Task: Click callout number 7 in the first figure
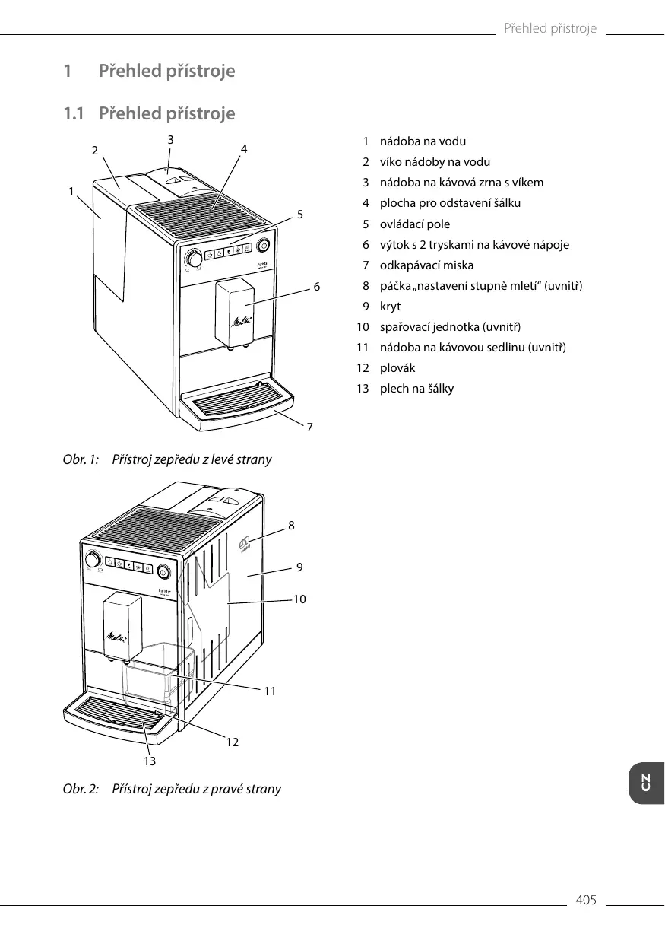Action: pyautogui.click(x=309, y=428)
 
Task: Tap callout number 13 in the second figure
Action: pyautogui.click(x=150, y=760)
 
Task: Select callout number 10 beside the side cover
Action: pyautogui.click(x=299, y=599)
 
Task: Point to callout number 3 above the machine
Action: pyautogui.click(x=170, y=139)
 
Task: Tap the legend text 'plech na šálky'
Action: pyautogui.click(x=416, y=389)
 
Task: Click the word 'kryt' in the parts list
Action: pyautogui.click(x=390, y=307)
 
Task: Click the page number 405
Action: pyautogui.click(x=586, y=901)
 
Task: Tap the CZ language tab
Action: pyautogui.click(x=646, y=782)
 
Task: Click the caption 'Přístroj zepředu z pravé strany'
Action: pyautogui.click(x=196, y=789)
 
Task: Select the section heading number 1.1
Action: pyautogui.click(x=74, y=114)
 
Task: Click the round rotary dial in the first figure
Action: pyautogui.click(x=195, y=259)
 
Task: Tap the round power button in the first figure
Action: pyautogui.click(x=264, y=245)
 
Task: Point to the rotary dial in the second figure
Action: pyautogui.click(x=93, y=561)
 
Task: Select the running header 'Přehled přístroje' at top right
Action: pyautogui.click(x=550, y=29)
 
